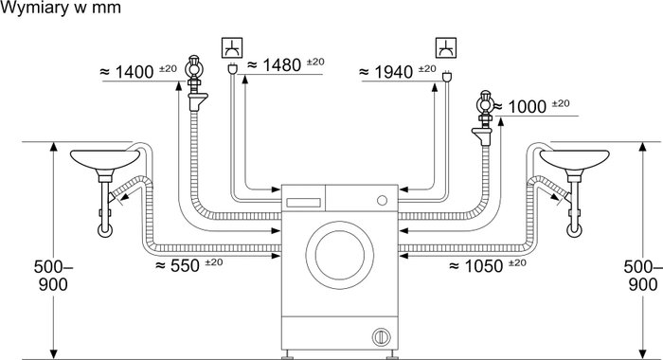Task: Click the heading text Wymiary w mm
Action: click(61, 8)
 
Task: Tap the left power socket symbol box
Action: click(233, 47)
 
